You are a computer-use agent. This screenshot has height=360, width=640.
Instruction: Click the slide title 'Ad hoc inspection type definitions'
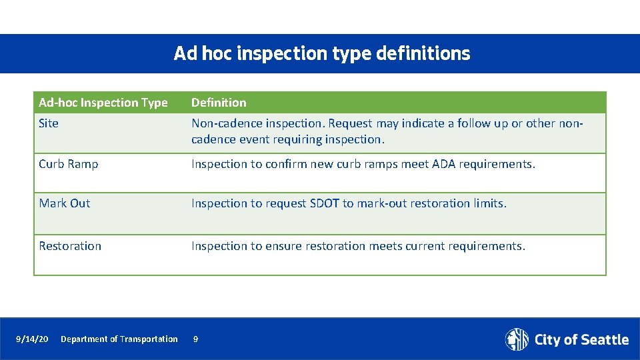321,53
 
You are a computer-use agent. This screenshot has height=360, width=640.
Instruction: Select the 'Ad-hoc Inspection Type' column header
103,103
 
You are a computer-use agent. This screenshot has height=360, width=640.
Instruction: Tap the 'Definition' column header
219,103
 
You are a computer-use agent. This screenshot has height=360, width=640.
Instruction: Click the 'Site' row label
49,123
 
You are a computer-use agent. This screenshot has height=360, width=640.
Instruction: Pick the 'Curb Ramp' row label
69,164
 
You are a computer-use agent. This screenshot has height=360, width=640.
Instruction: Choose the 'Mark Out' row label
65,203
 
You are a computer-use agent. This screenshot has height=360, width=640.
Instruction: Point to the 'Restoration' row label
70,246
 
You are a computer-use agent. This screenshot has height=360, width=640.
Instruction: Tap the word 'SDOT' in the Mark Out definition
325,203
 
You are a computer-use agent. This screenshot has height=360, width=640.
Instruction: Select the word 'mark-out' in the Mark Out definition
381,203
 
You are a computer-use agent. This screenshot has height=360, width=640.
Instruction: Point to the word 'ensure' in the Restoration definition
283,246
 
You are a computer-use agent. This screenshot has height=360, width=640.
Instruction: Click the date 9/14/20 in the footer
32,339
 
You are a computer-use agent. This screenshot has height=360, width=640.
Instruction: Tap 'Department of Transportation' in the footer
119,339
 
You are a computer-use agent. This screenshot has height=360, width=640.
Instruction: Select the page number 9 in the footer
195,339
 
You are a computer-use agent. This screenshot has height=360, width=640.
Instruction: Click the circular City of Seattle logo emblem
517,339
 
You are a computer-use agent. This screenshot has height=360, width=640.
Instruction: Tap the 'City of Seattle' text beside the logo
581,340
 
